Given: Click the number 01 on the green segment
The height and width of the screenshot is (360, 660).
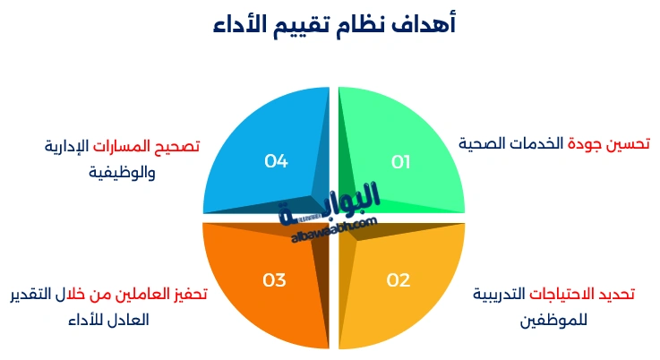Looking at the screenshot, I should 400,162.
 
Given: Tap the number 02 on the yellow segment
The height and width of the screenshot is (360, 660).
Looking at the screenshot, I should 398,280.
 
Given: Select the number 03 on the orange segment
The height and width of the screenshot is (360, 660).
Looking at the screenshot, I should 274,280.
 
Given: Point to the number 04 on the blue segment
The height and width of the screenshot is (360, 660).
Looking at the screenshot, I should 276,161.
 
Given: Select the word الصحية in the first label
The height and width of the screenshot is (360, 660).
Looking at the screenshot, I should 485,143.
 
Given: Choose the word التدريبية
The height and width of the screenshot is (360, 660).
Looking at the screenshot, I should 499,294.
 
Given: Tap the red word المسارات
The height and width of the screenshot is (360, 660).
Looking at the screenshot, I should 128,145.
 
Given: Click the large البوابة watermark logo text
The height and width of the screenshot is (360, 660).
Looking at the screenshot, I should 340,201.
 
